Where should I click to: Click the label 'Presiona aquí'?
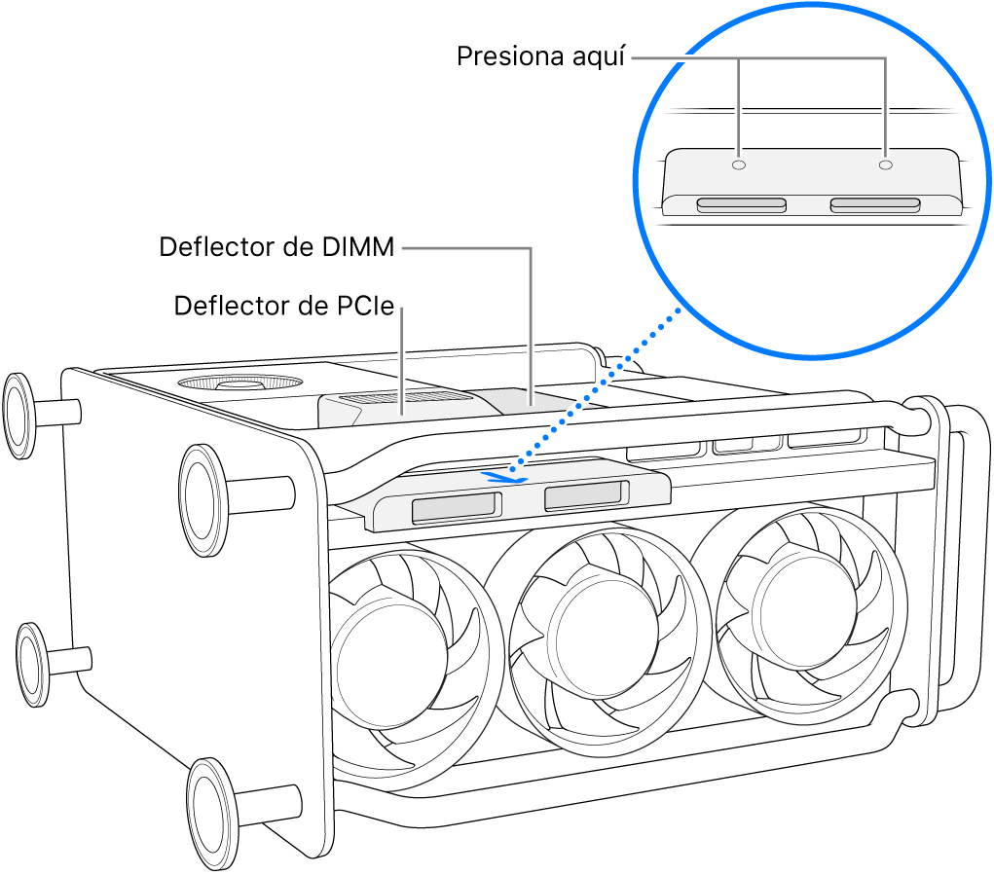541,57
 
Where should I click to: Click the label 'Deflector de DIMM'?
276,248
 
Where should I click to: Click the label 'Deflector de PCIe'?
283,307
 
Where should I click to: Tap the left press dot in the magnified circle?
739,165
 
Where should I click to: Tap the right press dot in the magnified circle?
884,165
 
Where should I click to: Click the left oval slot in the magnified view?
741,205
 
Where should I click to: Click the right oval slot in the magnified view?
874,204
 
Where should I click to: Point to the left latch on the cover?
455,507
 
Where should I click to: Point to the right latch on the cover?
582,497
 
